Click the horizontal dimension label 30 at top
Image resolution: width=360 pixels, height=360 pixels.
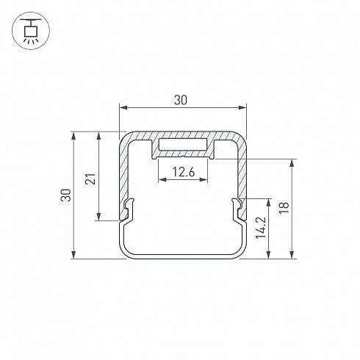click(180, 100)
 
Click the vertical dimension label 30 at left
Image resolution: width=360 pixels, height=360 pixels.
click(66, 195)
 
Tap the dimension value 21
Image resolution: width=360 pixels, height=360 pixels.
click(90, 179)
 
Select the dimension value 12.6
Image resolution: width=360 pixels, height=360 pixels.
click(184, 172)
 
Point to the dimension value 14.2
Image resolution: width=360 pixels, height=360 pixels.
click(261, 228)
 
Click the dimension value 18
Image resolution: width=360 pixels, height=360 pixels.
click(284, 208)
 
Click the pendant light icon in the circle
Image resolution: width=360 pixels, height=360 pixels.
click(31, 31)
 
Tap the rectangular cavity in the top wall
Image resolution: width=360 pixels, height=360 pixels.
click(183, 145)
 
